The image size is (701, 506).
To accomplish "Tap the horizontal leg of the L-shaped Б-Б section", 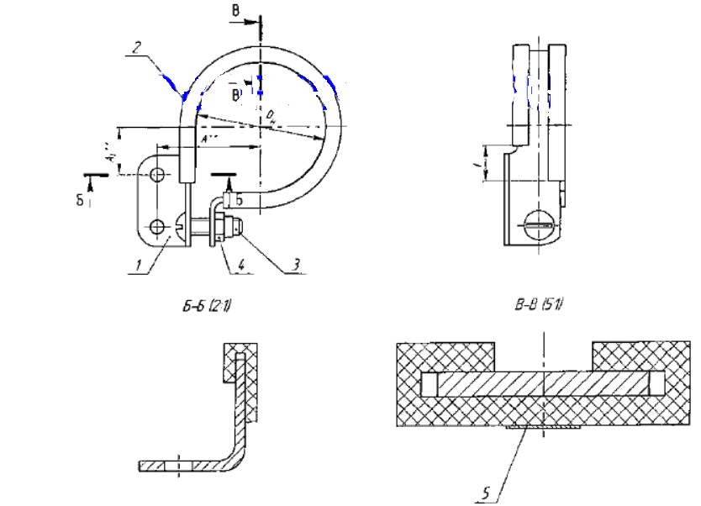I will [x=182, y=464].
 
